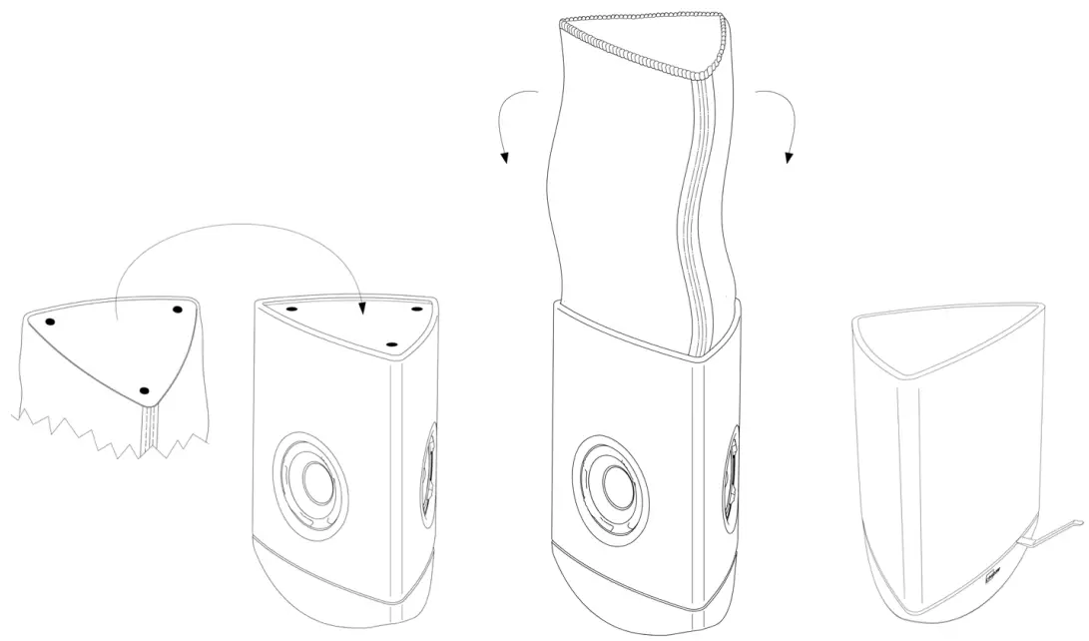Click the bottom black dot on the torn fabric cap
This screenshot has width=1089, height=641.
[145, 389]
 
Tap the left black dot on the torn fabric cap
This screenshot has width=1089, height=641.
[50, 321]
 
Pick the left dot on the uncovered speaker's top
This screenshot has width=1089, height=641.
[291, 310]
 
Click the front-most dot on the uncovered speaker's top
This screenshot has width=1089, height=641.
[391, 344]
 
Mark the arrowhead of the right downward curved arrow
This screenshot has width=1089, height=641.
[789, 157]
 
